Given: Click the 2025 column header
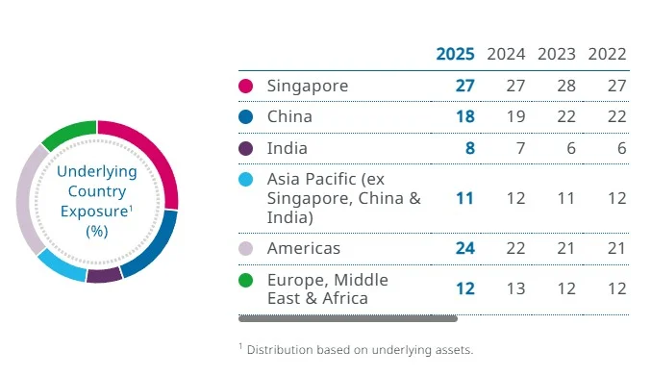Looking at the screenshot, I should pyautogui.click(x=456, y=54).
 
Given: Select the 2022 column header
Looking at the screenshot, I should pyautogui.click(x=608, y=54).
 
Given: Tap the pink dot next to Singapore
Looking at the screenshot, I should pyautogui.click(x=246, y=87).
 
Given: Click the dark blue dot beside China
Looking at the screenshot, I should pyautogui.click(x=246, y=117).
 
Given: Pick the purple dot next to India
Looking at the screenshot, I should pyautogui.click(x=246, y=149).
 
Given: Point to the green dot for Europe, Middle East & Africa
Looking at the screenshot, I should pyautogui.click(x=246, y=281).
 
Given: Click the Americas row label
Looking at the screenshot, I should pyautogui.click(x=304, y=248).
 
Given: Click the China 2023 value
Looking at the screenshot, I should pyautogui.click(x=565, y=117).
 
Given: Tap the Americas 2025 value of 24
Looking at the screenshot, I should pyautogui.click(x=464, y=248).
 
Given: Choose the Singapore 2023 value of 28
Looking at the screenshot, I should pyautogui.click(x=565, y=87).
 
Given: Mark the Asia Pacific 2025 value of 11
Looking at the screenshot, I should pyautogui.click(x=464, y=198).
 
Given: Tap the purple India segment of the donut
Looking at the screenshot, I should pyautogui.click(x=104, y=275).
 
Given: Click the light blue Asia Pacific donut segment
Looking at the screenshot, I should pyautogui.click(x=60, y=262).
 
